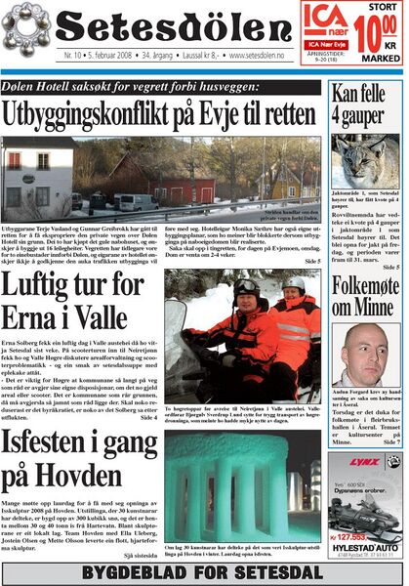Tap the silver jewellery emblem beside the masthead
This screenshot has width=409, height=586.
28,27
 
